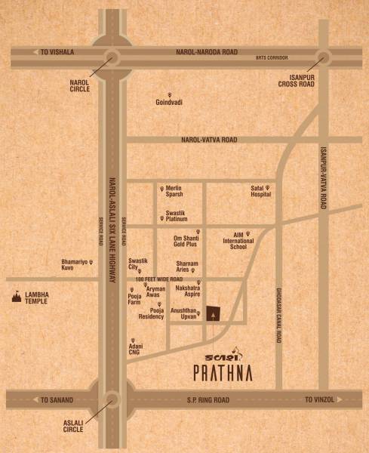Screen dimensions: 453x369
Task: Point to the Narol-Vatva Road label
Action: coord(209,140)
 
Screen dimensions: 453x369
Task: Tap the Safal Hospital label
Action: coord(260,192)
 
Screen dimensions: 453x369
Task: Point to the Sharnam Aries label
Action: coord(187,266)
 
